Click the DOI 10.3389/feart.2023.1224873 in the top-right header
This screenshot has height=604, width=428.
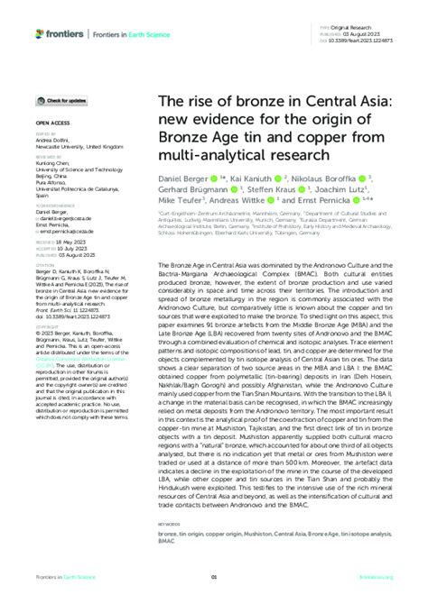tap(369, 42)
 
